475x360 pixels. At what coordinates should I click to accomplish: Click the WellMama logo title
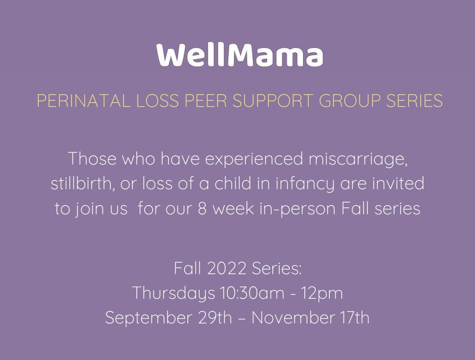click(x=240, y=55)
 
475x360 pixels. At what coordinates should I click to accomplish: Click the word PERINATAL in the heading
click(x=83, y=101)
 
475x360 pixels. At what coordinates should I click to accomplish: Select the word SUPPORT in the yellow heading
click(x=273, y=101)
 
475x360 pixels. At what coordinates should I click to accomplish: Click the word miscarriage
click(x=358, y=158)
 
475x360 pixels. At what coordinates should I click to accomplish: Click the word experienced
click(x=254, y=159)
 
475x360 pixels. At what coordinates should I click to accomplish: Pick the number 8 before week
click(x=202, y=209)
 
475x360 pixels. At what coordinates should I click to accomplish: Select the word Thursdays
click(x=174, y=293)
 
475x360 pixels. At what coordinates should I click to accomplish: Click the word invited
click(x=398, y=184)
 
